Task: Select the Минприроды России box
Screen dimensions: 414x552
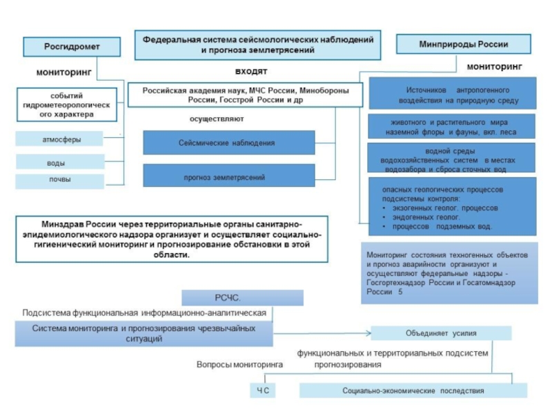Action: tap(463, 44)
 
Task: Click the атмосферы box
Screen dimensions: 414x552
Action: tap(61, 139)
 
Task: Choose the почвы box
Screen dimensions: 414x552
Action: tap(60, 181)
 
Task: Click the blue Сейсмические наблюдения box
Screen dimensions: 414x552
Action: tap(228, 143)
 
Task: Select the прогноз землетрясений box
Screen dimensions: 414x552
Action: tap(228, 177)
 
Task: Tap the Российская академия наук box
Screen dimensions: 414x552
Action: tap(245, 95)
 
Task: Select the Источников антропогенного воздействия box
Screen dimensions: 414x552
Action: tap(453, 95)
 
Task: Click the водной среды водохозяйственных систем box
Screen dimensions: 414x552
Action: tap(451, 159)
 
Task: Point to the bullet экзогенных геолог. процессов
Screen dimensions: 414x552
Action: tap(445, 207)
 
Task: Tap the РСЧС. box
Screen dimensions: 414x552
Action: tap(242, 297)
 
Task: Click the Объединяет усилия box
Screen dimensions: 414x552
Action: tap(441, 333)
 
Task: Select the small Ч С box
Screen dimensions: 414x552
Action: tap(262, 391)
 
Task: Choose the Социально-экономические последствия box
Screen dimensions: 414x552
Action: tap(413, 391)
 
